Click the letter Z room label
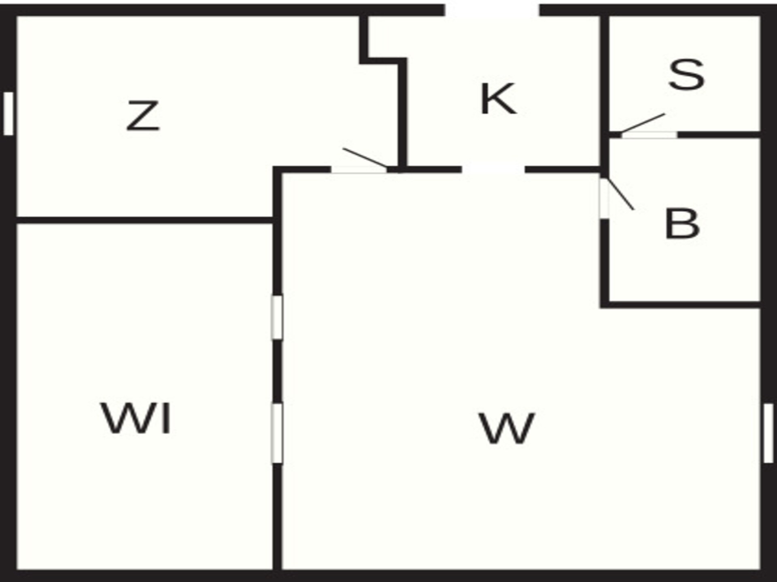tap(143, 116)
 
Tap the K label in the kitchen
tap(498, 99)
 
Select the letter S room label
tap(686, 74)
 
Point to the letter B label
tap(682, 224)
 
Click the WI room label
tap(136, 418)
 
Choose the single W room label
tap(507, 428)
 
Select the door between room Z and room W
tap(359, 170)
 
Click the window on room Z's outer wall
tap(8, 114)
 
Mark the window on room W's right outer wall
tap(769, 433)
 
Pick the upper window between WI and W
tap(277, 317)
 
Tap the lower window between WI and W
tap(277, 433)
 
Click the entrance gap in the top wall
tap(492, 10)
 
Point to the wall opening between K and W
tap(493, 170)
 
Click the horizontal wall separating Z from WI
tap(145, 220)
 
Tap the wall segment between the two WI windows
tap(277, 371)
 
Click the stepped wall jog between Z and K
tap(384, 61)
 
